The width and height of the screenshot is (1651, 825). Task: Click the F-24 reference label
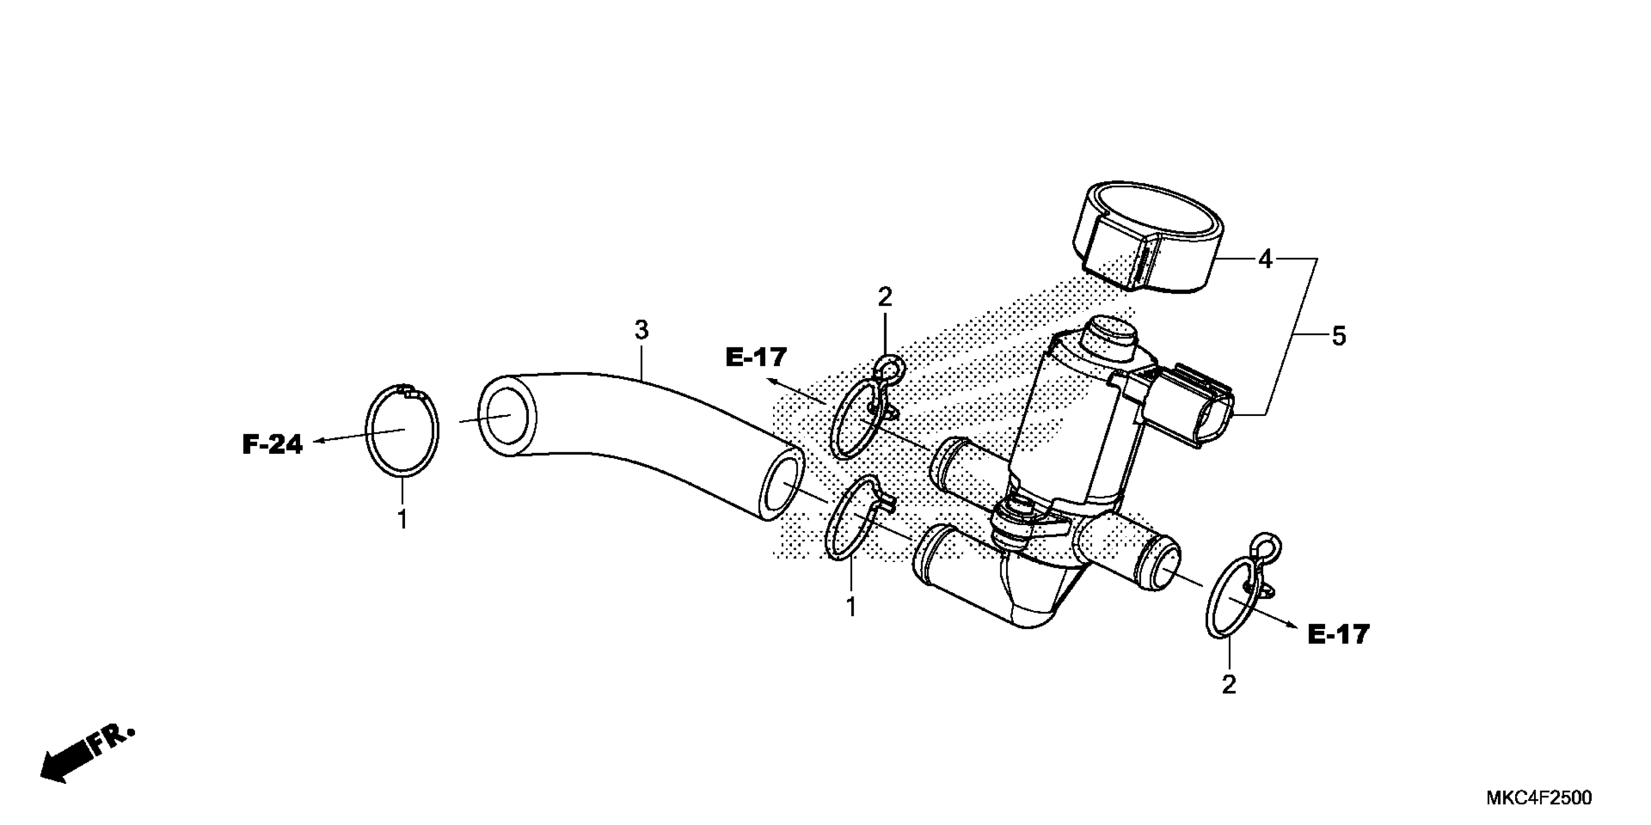tap(272, 444)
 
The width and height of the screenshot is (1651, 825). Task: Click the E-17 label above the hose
tap(756, 357)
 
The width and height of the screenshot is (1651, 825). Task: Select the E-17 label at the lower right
tap(1338, 634)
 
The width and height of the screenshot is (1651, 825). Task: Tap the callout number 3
tap(641, 330)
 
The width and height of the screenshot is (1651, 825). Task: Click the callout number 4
tap(1264, 260)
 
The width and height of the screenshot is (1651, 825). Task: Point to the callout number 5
tap(1339, 336)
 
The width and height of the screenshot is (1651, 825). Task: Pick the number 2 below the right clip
tap(1229, 685)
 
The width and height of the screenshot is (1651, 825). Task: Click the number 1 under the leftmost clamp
tap(403, 519)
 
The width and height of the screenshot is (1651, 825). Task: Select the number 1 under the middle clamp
tap(851, 607)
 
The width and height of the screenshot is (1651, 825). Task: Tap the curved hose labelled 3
tap(641, 436)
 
